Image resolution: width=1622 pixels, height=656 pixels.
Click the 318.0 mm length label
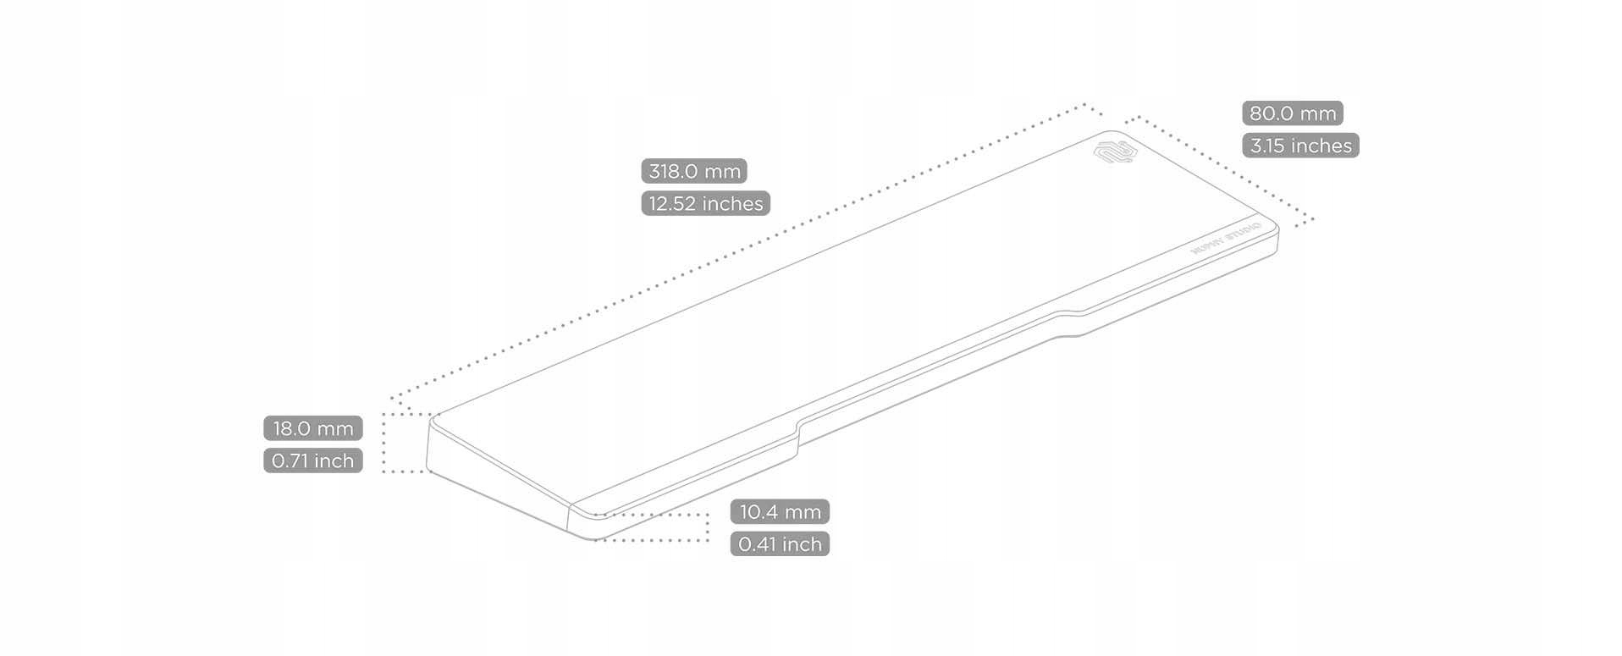pyautogui.click(x=694, y=171)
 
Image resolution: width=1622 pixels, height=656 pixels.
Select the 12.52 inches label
pyautogui.click(x=705, y=203)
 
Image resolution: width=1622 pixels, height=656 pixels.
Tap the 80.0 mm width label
pyautogui.click(x=1292, y=113)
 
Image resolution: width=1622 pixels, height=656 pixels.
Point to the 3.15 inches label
pyautogui.click(x=1300, y=146)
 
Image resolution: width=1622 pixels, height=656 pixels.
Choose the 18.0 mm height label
pyautogui.click(x=312, y=428)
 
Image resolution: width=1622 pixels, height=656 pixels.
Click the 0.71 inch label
pyautogui.click(x=312, y=460)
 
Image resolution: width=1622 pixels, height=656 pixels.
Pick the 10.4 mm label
pyautogui.click(x=780, y=512)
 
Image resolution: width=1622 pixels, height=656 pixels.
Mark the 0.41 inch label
pyautogui.click(x=780, y=544)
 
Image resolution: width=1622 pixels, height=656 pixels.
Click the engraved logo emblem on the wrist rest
pyautogui.click(x=1113, y=152)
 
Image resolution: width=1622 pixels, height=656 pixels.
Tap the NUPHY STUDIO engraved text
pyautogui.click(x=1226, y=238)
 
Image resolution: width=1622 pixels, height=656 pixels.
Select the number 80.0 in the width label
pyautogui.click(x=1272, y=113)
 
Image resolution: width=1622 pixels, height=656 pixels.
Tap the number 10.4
pyautogui.click(x=759, y=512)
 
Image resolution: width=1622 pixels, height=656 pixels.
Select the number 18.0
pyautogui.click(x=292, y=428)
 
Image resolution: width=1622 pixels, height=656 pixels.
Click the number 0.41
pyautogui.click(x=758, y=544)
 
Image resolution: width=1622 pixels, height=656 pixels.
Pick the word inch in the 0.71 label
pyautogui.click(x=334, y=460)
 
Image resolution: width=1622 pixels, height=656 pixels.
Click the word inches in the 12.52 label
pyautogui.click(x=731, y=203)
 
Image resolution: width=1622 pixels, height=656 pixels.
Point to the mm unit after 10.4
pyautogui.click(x=803, y=512)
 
